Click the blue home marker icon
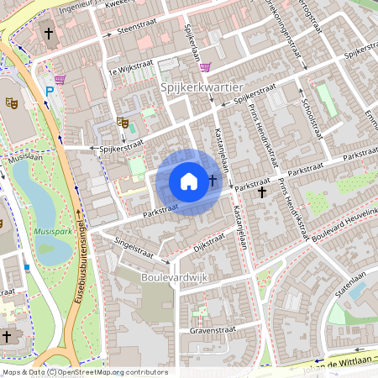point(189,181)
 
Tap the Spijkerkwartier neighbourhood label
point(201,87)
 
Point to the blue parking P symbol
point(50,91)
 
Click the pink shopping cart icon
point(204,68)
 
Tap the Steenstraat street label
point(137,28)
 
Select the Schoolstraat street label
point(310,120)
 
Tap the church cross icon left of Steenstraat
point(49,34)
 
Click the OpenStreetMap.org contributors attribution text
point(119,372)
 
